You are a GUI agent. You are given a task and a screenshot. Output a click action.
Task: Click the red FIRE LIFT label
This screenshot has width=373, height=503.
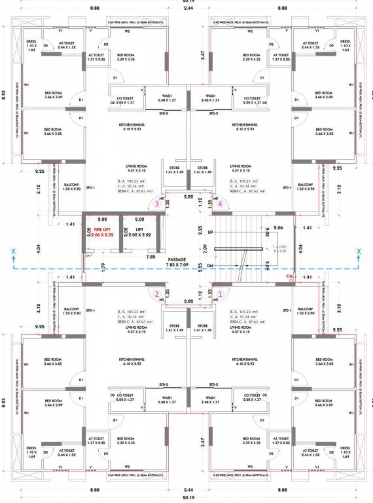100,230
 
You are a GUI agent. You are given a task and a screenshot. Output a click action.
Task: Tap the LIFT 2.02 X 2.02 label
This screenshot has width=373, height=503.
139,230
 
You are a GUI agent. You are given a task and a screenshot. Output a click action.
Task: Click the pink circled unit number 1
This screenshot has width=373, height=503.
221,294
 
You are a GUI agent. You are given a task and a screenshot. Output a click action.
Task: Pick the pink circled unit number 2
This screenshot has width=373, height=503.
156,294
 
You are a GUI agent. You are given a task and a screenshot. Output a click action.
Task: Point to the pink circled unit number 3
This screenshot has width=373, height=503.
156,204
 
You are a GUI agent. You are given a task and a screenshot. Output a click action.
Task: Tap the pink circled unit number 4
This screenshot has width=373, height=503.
221,204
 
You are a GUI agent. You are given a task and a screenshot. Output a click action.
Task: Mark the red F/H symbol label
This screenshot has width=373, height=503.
289,276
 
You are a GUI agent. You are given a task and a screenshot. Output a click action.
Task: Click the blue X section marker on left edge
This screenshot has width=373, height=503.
12,251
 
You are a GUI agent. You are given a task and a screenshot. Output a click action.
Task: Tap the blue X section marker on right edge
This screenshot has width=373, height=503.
359,251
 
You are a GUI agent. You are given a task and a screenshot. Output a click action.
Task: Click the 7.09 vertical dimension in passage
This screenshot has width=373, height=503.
204,248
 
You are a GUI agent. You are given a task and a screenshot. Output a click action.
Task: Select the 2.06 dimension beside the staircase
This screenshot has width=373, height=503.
277,227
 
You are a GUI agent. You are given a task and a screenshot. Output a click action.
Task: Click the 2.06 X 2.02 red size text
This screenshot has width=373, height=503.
100,234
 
